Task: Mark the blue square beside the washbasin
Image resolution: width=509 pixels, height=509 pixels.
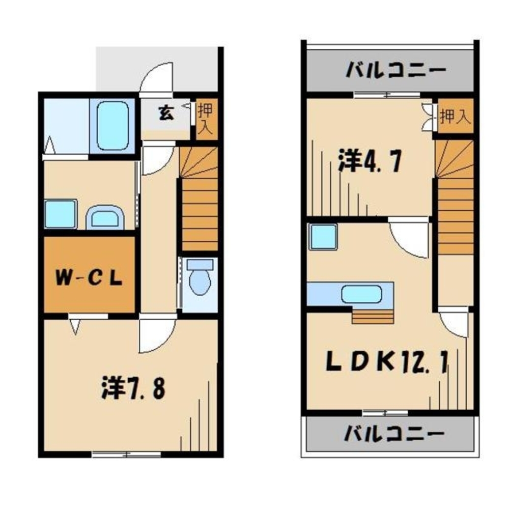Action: [x=60, y=214]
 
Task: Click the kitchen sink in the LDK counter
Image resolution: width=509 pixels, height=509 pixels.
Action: [x=361, y=294]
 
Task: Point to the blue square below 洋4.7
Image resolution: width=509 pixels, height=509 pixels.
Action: [x=324, y=237]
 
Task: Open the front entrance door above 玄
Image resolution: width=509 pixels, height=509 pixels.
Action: [x=158, y=79]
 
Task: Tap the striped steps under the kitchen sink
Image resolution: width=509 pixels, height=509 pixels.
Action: [x=373, y=316]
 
